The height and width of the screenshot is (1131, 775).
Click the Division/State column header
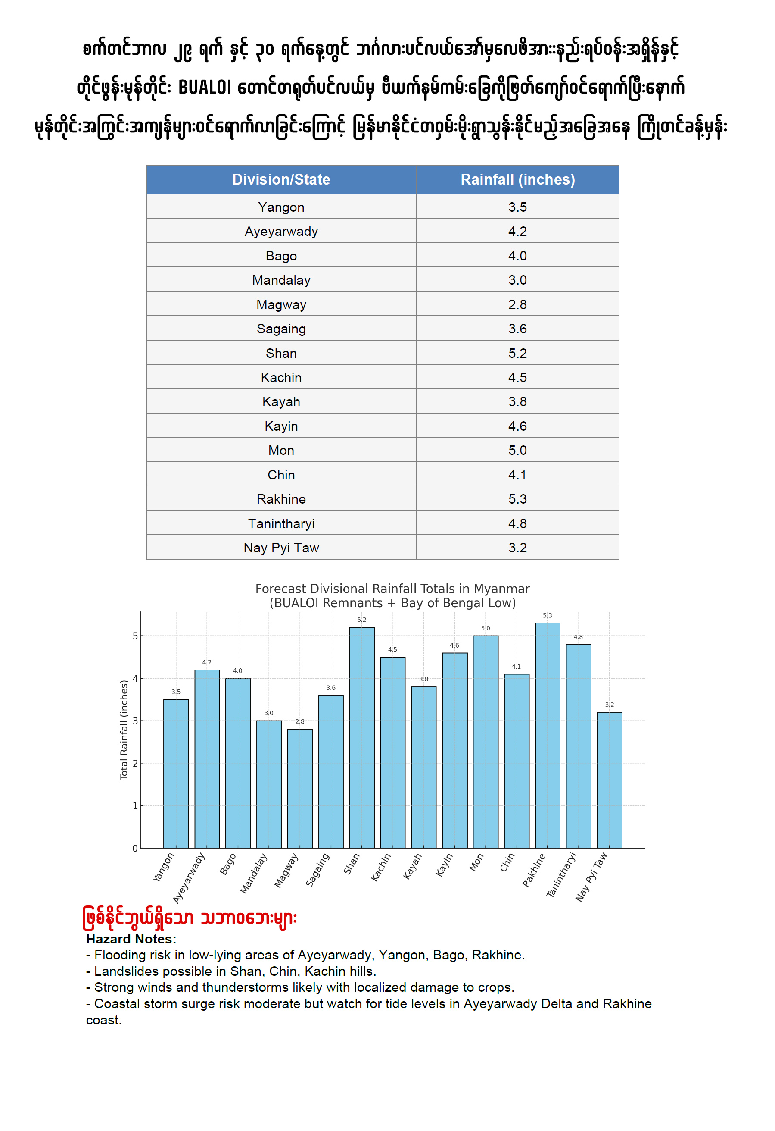281,179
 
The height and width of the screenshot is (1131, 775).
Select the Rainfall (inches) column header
517,179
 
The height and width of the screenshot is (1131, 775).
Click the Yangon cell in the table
281,207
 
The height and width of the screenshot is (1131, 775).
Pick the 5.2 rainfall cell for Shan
517,353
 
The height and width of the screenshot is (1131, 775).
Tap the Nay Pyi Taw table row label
281,548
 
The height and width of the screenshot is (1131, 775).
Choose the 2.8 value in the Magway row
517,305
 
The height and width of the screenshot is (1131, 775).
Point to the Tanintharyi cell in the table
281,523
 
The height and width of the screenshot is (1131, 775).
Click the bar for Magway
299,788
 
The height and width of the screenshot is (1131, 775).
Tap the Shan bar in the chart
362,737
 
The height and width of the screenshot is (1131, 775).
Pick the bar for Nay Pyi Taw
609,780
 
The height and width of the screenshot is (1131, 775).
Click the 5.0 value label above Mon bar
485,628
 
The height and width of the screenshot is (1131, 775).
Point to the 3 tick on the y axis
135,721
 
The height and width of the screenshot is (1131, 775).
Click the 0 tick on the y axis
135,848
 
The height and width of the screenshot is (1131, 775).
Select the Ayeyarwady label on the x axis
190,877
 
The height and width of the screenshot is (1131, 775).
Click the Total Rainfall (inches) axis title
124,730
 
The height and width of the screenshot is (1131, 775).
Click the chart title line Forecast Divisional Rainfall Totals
392,589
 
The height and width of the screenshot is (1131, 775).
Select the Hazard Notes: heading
131,939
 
